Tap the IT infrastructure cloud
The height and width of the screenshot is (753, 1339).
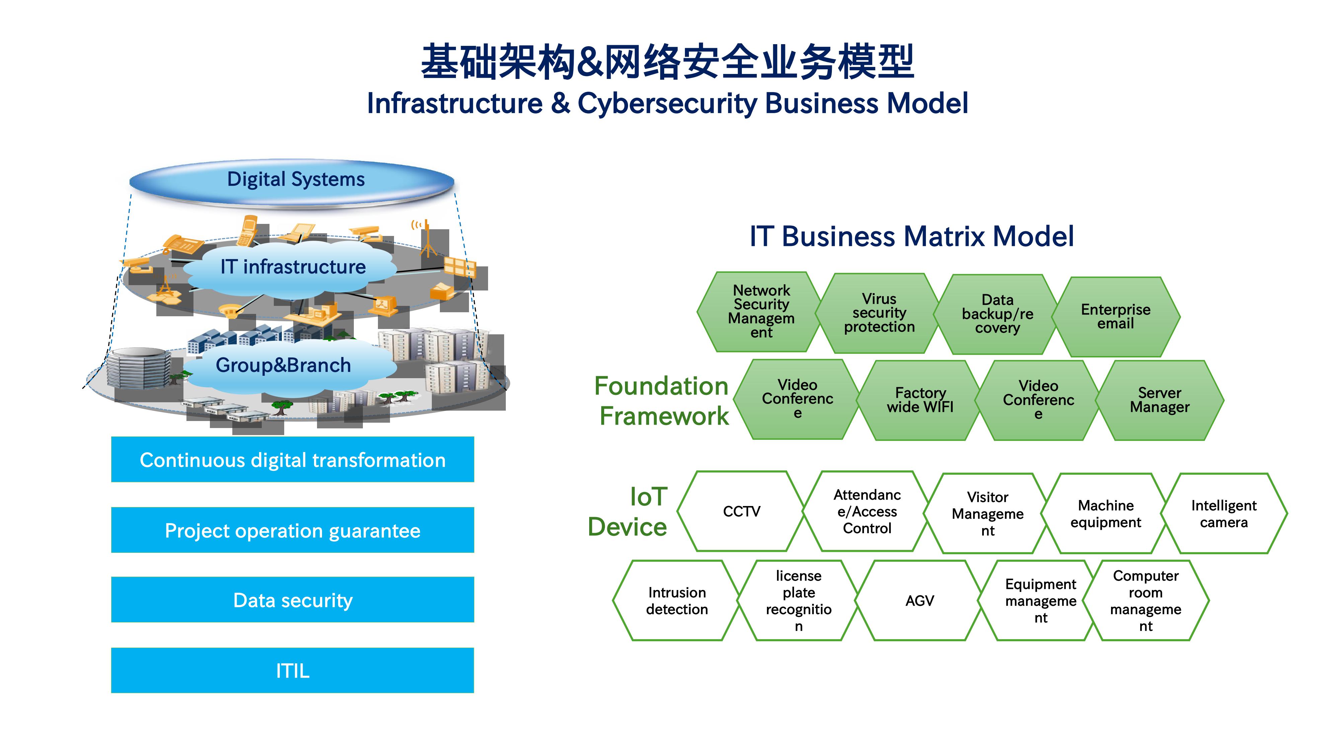(293, 267)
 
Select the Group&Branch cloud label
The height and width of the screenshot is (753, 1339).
(283, 365)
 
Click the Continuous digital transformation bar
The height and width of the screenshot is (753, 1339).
(293, 460)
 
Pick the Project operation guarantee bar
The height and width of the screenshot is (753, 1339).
(293, 530)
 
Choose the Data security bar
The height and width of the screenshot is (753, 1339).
(293, 600)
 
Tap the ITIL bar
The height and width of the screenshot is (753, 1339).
(293, 670)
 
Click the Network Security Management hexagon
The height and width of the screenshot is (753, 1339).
(761, 312)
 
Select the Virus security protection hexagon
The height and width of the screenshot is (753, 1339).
(879, 313)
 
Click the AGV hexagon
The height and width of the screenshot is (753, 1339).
(920, 601)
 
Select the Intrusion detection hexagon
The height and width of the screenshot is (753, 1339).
(677, 601)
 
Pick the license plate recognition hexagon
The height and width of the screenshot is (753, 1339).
(798, 601)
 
